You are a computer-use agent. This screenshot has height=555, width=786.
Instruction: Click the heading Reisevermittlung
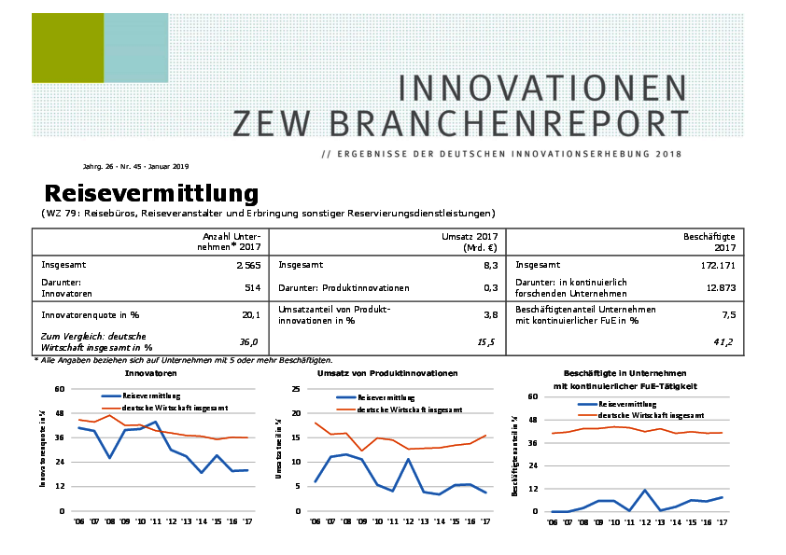coord(151,193)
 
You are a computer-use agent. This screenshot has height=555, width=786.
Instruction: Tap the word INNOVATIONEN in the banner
coord(542,89)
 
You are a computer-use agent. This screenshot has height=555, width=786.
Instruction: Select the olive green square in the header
coord(67,49)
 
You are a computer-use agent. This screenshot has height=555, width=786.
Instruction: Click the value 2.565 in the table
coord(247,265)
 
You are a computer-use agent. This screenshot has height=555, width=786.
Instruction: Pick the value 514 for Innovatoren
coord(252,288)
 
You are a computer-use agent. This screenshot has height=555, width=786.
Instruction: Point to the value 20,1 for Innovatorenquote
coord(251,314)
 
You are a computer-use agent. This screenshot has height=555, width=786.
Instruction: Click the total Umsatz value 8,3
coord(490,265)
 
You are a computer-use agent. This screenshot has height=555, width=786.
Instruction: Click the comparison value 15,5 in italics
coord(486,342)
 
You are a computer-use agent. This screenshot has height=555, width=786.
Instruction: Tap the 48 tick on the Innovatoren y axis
coord(60,412)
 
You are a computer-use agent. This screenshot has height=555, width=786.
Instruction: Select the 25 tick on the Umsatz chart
coord(296,389)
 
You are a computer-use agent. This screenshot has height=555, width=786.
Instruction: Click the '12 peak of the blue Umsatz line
coord(409,459)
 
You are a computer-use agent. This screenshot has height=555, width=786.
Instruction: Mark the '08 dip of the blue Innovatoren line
coord(110,458)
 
